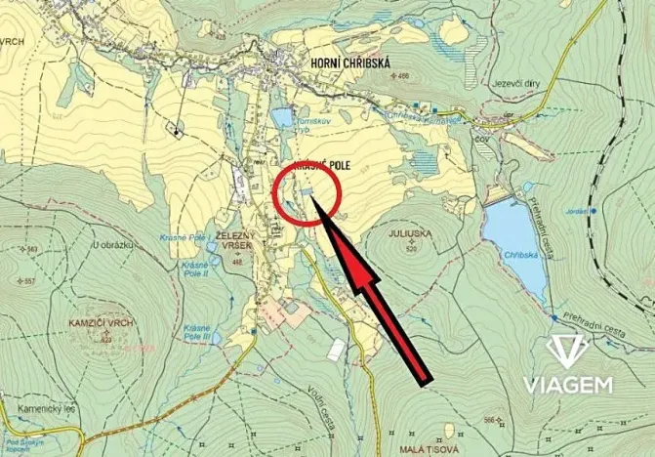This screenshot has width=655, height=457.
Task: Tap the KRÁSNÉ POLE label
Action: (320, 166)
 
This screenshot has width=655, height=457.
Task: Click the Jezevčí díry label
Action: (519, 83)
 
